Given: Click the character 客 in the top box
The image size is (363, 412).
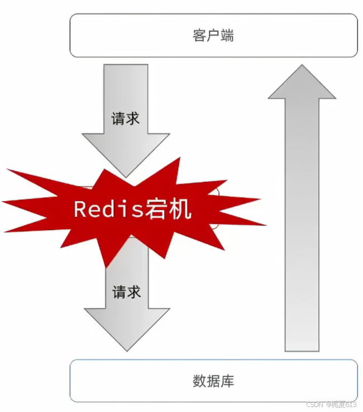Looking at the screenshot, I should point(198,36).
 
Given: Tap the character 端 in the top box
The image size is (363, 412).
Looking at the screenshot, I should point(227,36).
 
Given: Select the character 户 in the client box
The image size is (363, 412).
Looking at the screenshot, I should point(213,36).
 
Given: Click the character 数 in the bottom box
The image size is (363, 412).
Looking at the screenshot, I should point(199,381).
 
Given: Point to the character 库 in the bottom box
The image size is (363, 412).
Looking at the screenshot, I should point(227,381).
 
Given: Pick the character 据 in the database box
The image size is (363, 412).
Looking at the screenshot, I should point(213,381).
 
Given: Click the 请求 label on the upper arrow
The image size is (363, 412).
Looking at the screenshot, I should point(126,118).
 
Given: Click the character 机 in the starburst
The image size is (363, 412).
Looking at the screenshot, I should point(182,209).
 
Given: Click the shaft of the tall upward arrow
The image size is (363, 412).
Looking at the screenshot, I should point(302,223).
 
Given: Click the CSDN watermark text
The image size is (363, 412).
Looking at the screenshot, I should point(316,404).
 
